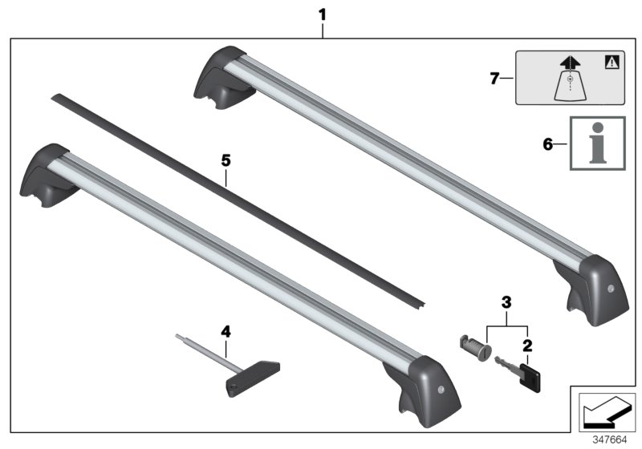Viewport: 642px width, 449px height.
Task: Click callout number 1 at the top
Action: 323,14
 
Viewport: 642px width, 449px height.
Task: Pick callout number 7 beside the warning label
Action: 494,77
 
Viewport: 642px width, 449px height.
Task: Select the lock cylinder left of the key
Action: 473,348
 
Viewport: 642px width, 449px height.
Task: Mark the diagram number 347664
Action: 610,440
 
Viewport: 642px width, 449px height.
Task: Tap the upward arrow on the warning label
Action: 569,63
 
